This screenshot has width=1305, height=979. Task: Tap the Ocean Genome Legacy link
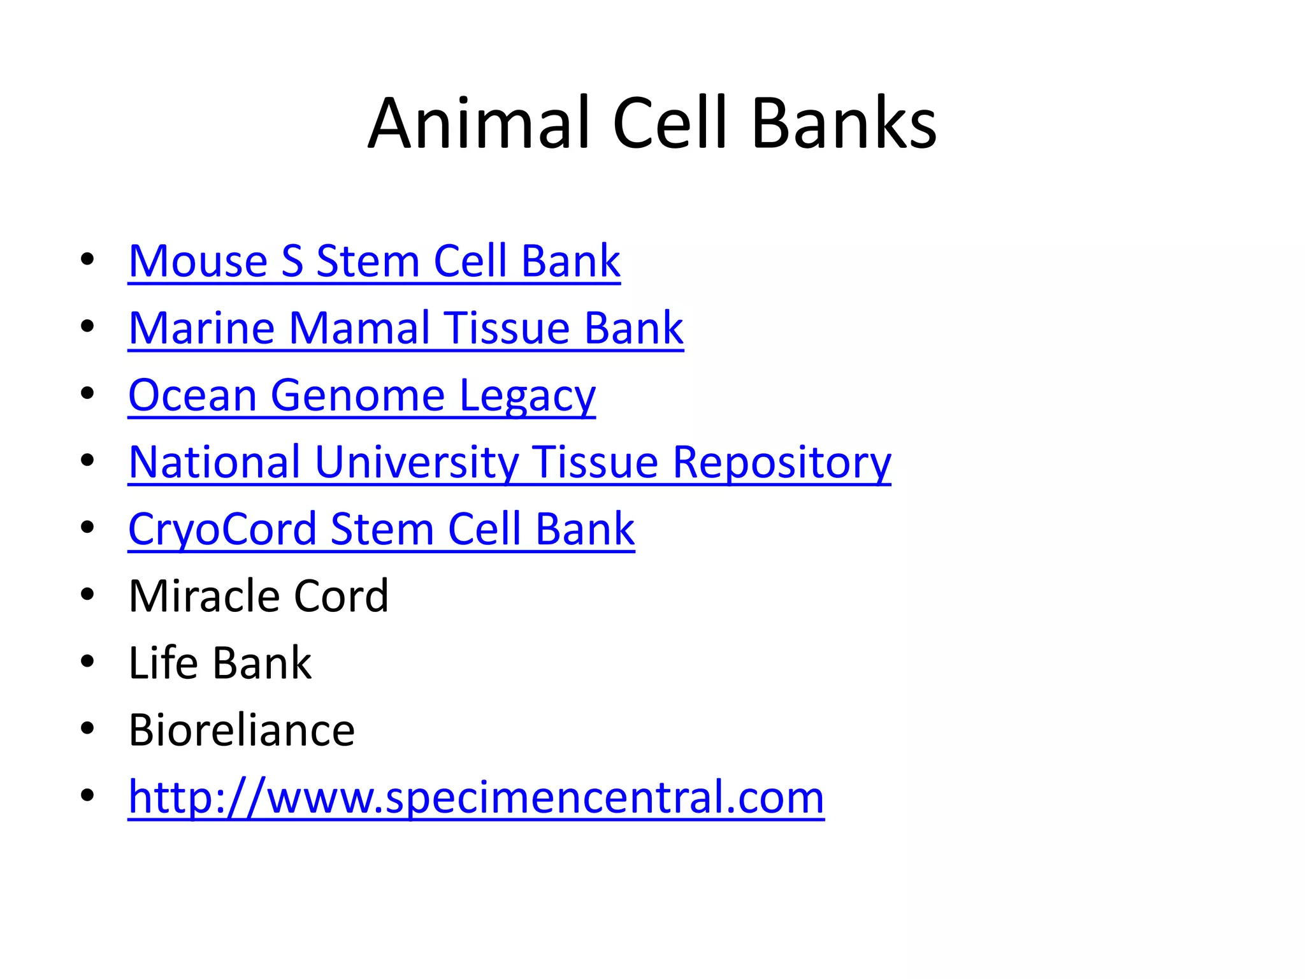[361, 396]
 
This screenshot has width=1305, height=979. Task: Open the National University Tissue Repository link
[509, 462]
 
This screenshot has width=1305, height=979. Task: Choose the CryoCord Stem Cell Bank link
[381, 529]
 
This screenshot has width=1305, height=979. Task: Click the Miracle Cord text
[258, 596]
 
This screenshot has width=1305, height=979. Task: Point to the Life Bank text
[220, 663]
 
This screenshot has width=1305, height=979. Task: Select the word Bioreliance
[242, 730]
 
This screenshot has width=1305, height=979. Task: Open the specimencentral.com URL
[476, 797]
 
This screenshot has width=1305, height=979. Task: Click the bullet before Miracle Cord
[87, 595]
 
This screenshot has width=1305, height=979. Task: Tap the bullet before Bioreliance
[87, 729]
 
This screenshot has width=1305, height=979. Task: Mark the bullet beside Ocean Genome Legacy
[87, 394]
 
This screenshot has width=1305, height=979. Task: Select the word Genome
[357, 396]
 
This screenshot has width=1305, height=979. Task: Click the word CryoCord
[222, 529]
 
